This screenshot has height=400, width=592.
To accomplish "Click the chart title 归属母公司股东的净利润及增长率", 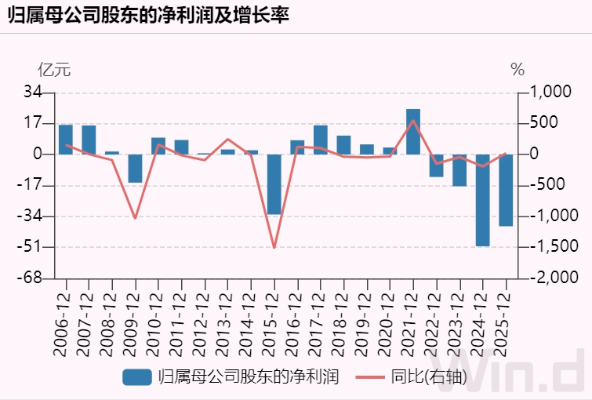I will tap(149, 16).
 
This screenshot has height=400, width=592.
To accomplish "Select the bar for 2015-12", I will tap(274, 184).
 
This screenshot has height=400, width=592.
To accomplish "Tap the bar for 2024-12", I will tap(482, 200).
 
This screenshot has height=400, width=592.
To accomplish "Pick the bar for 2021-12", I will tap(413, 132).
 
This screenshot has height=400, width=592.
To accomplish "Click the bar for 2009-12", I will tap(135, 169).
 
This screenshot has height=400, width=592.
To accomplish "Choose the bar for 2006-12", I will tap(66, 140).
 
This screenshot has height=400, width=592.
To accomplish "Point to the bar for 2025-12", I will tap(506, 190).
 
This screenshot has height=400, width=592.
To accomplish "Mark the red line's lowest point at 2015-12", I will tap(274, 248).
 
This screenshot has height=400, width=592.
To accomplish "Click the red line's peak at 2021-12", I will tap(413, 120).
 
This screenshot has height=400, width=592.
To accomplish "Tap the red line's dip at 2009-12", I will tap(135, 218).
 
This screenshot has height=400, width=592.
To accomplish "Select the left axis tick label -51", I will tap(31, 247).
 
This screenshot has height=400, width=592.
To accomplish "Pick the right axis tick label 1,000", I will tap(553, 93).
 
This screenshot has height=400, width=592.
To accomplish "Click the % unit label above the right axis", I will tap(517, 69).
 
